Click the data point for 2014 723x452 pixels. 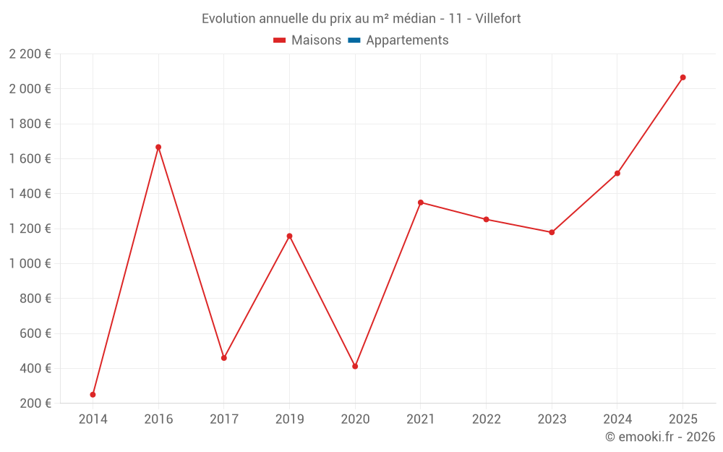pos(93,394)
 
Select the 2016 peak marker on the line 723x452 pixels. pos(158,147)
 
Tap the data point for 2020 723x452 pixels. pos(355,366)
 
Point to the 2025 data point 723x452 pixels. pos(683,77)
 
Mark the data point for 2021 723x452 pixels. pos(421,202)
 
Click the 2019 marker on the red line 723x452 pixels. pos(289,236)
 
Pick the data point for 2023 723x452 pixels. pos(552,232)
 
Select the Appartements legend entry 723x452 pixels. pos(406,40)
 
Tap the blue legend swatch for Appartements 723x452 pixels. pos(354,40)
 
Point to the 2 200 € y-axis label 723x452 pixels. pos(30,54)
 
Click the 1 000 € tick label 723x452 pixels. pos(30,263)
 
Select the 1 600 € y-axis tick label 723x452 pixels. pos(30,158)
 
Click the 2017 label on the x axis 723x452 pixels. pos(224,419)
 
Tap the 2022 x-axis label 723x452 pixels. pos(486,419)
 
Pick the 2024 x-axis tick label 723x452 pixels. pos(617,419)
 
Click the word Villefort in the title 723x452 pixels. pos(498,18)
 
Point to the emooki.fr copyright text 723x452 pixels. pos(660,437)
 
